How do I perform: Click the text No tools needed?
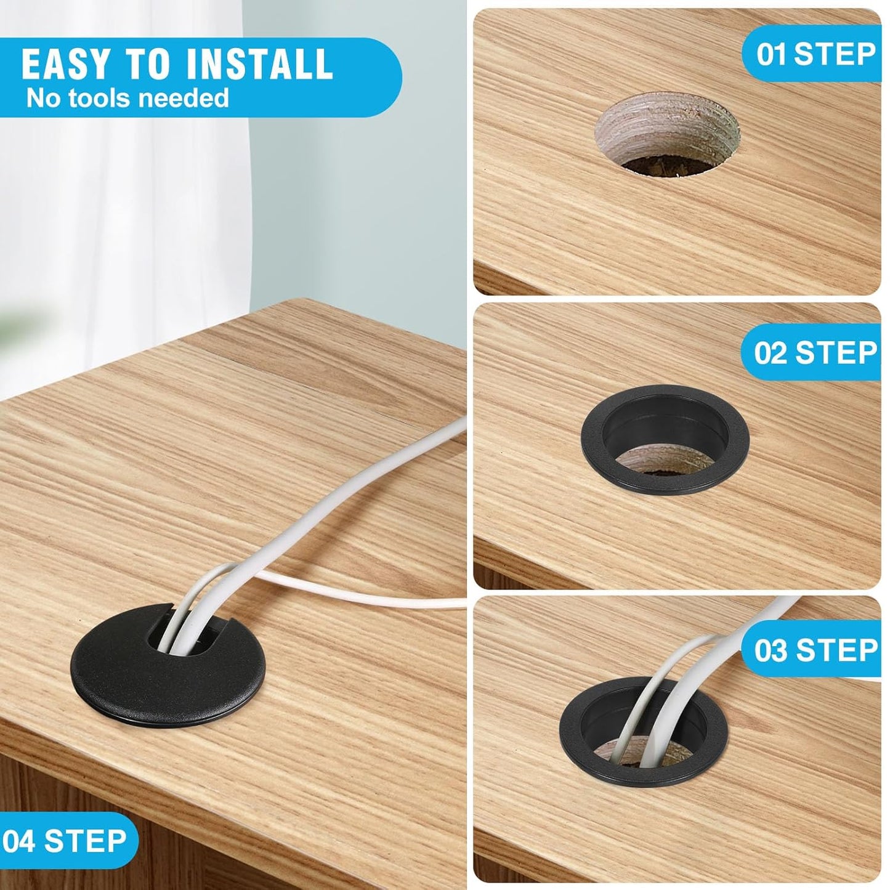coord(127,98)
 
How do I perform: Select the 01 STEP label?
coord(815,54)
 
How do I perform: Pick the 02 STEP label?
coord(815,353)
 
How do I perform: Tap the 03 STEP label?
coord(815,650)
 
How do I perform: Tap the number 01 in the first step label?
coord(771,54)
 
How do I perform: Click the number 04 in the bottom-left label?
coord(18,841)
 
